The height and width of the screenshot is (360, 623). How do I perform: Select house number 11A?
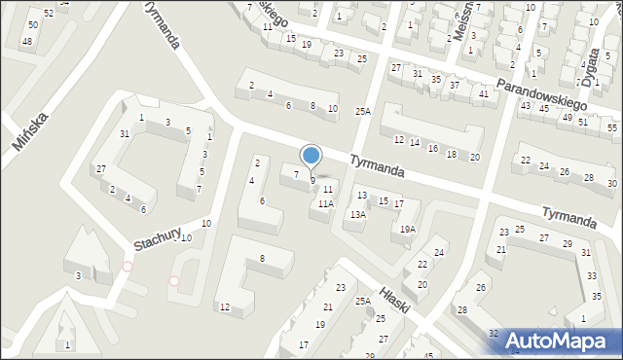pos(326,204)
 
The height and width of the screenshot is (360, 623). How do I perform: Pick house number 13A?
pos(358,214)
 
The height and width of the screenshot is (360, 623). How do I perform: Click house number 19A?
pos(409,230)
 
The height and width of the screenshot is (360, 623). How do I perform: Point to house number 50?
pos(33,24)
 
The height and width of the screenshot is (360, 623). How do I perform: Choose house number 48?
pos(26,41)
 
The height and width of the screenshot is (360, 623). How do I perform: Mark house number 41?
pos(484,93)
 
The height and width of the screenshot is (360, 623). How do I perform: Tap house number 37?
pos(455,86)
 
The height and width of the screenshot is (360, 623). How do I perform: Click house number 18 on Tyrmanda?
pos(451,155)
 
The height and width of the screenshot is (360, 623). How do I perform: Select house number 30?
pos(611,183)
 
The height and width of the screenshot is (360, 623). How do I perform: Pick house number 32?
pos(494,334)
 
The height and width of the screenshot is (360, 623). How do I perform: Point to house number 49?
pos(568,118)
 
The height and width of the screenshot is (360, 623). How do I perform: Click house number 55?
pos(611,128)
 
